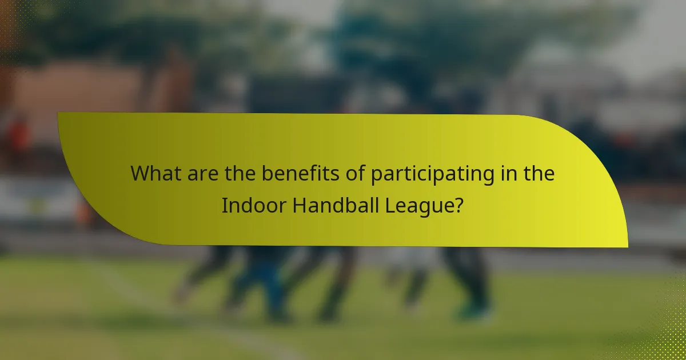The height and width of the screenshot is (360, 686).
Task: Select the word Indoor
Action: (x=253, y=205)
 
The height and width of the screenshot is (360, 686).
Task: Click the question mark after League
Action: (x=458, y=205)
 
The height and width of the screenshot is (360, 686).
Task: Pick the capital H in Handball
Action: (x=299, y=205)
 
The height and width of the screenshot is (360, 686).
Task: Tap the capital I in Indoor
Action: (x=225, y=205)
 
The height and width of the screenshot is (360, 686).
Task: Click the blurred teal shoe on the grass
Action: (x=472, y=311)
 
